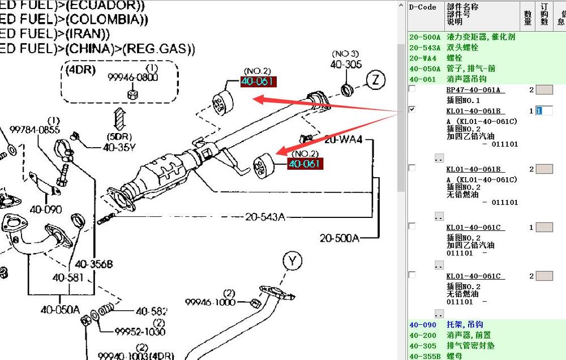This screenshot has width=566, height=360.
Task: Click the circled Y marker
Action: pos(292,262)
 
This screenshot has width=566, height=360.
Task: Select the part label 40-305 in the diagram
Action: pos(346,65)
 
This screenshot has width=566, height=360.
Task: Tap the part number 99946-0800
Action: pos(133,78)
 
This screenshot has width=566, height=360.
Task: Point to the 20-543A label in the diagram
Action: pos(265,217)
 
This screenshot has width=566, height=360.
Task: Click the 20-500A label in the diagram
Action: pos(339,238)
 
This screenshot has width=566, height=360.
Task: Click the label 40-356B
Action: pos(94,264)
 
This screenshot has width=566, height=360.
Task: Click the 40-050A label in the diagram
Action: pos(60,309)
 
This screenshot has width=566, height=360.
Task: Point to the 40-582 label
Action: pos(151,311)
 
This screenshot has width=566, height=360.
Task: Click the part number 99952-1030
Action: pos(140,332)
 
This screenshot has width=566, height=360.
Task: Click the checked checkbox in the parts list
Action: pos(412,110)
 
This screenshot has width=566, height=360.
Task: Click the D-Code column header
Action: pos(423,7)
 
